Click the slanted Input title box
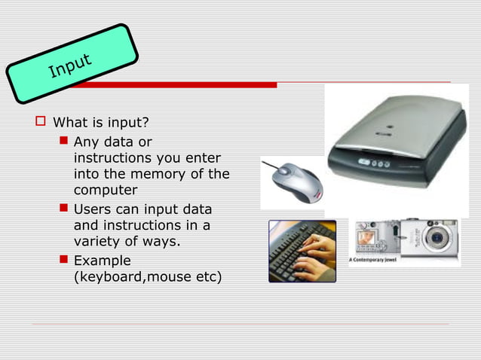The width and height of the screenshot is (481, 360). tap(72, 63)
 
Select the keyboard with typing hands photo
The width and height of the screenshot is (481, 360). tap(302, 251)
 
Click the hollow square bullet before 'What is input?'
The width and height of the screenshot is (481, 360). tap(41, 121)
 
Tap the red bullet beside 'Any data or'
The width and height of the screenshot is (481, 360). tap(64, 141)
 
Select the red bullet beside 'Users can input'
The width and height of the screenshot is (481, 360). tap(64, 209)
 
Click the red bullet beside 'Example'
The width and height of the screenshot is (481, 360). tap(64, 260)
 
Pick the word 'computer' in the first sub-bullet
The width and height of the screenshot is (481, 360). tap(106, 191)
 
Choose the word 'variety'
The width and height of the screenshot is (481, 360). tap(97, 242)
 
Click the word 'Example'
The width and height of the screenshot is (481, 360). tap(102, 260)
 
